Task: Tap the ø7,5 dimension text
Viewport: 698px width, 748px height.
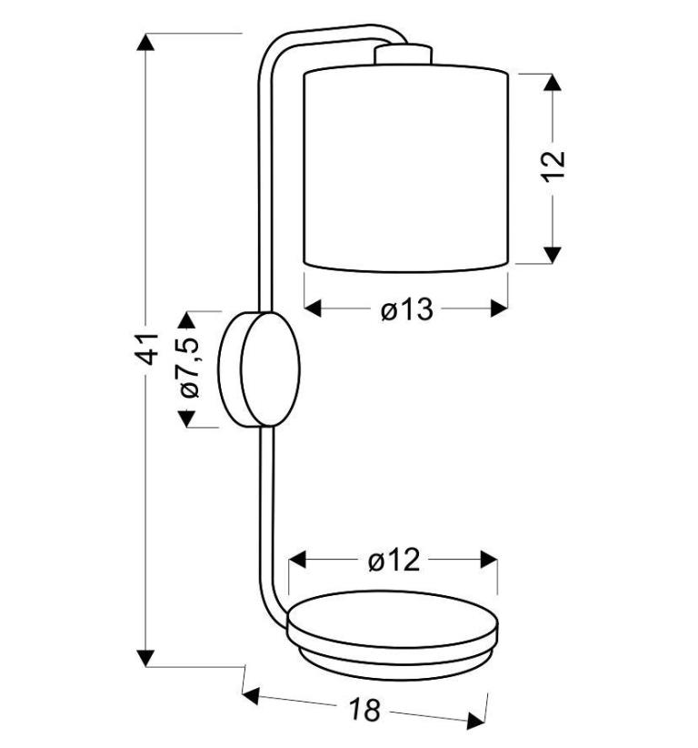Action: coord(189,368)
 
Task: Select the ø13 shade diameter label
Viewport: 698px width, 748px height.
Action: coord(407,310)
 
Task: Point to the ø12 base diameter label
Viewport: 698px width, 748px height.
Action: coord(394,560)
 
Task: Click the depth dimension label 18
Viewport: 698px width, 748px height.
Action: coord(365,710)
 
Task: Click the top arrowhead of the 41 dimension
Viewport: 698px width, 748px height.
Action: coord(145,42)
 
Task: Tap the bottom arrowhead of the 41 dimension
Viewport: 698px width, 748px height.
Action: coord(145,658)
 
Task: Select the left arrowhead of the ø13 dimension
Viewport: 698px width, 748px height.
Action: coord(313,308)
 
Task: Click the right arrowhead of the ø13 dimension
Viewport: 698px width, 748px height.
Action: coord(499,308)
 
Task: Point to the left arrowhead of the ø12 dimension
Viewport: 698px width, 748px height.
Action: coord(297,559)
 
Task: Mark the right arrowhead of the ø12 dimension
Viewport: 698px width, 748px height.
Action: coord(489,559)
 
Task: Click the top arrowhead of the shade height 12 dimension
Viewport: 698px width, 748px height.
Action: coord(553,83)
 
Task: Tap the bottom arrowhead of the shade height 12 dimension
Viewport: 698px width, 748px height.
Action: coord(553,255)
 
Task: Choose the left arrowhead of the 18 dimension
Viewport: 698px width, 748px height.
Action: coord(251,696)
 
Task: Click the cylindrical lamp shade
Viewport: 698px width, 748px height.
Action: coord(406,168)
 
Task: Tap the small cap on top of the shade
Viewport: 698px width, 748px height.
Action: coord(404,54)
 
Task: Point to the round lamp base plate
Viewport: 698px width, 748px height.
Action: coord(393,635)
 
